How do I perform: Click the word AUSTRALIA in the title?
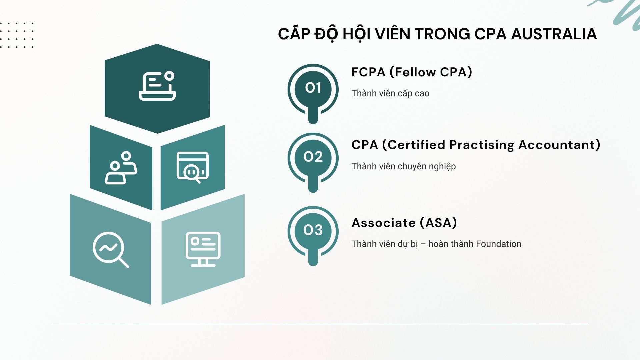[554, 34]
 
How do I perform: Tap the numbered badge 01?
[313, 88]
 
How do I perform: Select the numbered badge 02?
[313, 157]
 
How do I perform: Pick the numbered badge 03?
[313, 230]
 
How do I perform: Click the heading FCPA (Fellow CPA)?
[412, 72]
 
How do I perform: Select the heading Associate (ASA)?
[404, 223]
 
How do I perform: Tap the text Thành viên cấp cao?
[390, 93]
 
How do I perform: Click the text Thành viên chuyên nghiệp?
[403, 166]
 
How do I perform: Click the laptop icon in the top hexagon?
[157, 86]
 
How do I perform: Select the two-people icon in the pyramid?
[121, 168]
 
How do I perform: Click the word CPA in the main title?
[490, 34]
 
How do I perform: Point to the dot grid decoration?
[17, 35]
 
